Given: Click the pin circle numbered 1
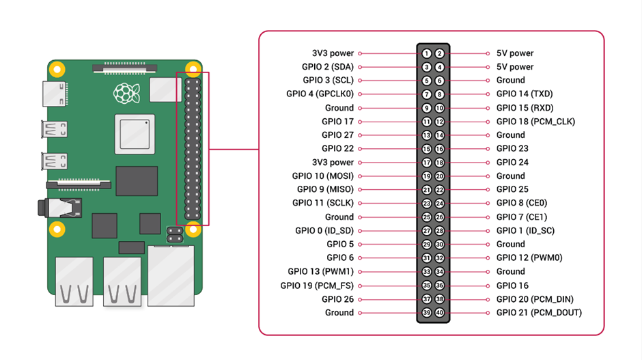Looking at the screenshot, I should (x=426, y=53).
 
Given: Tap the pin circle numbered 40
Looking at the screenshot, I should (x=439, y=313).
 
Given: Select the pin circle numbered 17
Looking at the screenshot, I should (x=426, y=163).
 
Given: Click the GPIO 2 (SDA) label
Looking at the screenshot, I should (x=327, y=67).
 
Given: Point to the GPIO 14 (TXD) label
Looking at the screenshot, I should (x=525, y=94).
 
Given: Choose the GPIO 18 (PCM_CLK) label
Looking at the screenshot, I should (x=535, y=122).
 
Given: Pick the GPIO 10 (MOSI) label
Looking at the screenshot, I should (x=322, y=176).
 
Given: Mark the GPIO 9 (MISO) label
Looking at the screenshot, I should (x=325, y=189).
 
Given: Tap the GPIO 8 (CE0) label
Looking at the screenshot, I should (x=522, y=203).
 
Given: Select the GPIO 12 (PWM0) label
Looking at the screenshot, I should (x=529, y=258).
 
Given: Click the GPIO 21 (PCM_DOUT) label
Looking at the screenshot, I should (x=539, y=313).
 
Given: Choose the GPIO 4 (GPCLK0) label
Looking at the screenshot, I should (x=320, y=94).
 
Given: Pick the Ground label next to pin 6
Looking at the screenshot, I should (x=511, y=81).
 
